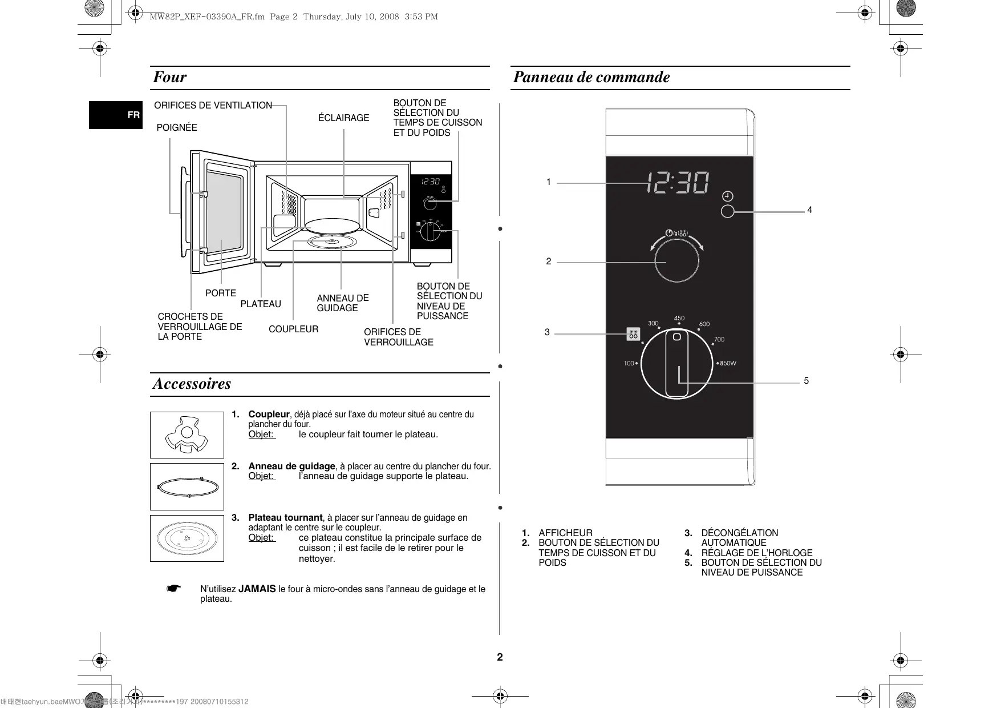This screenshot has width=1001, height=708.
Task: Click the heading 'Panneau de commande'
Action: coord(591,77)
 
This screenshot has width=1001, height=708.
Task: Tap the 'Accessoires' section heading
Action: coord(192,384)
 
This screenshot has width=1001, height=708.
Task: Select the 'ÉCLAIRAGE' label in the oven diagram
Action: coord(343,118)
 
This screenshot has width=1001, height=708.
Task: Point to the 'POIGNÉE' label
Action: coord(177,127)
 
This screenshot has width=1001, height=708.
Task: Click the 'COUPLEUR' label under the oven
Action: coord(293,329)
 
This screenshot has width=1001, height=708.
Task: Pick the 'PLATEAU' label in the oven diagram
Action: coord(261,304)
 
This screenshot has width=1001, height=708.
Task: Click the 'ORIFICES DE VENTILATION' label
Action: coord(213,105)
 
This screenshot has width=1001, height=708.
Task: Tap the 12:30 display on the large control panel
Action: coord(678,183)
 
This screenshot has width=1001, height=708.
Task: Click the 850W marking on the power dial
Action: coord(727,363)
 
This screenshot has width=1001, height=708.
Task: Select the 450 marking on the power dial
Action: coord(679,319)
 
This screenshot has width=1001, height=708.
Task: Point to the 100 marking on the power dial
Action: coord(629,363)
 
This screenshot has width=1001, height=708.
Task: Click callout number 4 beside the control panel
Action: coord(809,210)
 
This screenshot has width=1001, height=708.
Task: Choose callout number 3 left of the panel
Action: coord(547,332)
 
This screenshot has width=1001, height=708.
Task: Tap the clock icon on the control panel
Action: coord(728,196)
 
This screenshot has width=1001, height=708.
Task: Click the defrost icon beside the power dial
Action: coord(633,334)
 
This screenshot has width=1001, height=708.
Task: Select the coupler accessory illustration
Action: coord(187,435)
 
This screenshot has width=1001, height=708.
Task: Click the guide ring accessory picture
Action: coord(187,487)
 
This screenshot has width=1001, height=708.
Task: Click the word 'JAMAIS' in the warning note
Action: coord(257,589)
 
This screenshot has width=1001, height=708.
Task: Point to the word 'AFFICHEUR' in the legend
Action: coord(565,533)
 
